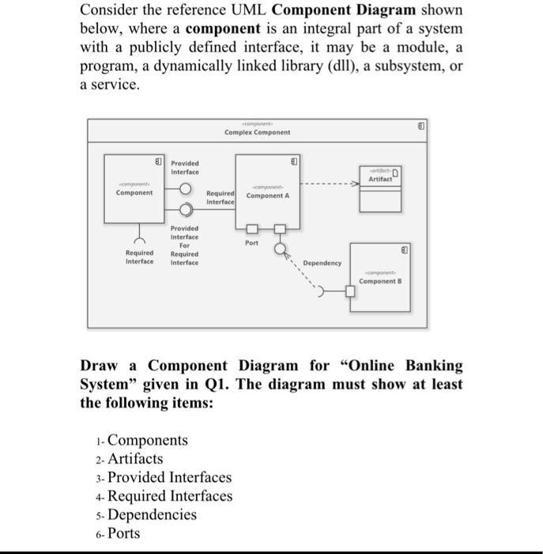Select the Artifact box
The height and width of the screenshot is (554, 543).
point(382,188)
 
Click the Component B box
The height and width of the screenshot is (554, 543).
point(383,280)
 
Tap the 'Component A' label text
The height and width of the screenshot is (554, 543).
point(267,195)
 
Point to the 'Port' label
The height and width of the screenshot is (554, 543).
point(251,244)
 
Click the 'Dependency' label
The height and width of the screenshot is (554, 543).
point(322,263)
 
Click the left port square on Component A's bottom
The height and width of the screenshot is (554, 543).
point(252,230)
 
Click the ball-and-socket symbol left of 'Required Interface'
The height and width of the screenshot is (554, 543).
point(185,210)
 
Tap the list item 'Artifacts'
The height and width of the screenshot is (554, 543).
point(135,459)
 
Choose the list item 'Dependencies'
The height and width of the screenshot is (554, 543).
point(152,515)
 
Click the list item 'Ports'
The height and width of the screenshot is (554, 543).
point(124,533)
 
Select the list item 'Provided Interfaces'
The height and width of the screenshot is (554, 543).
point(169,477)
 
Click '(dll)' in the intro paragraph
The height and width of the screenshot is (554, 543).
point(353,66)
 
